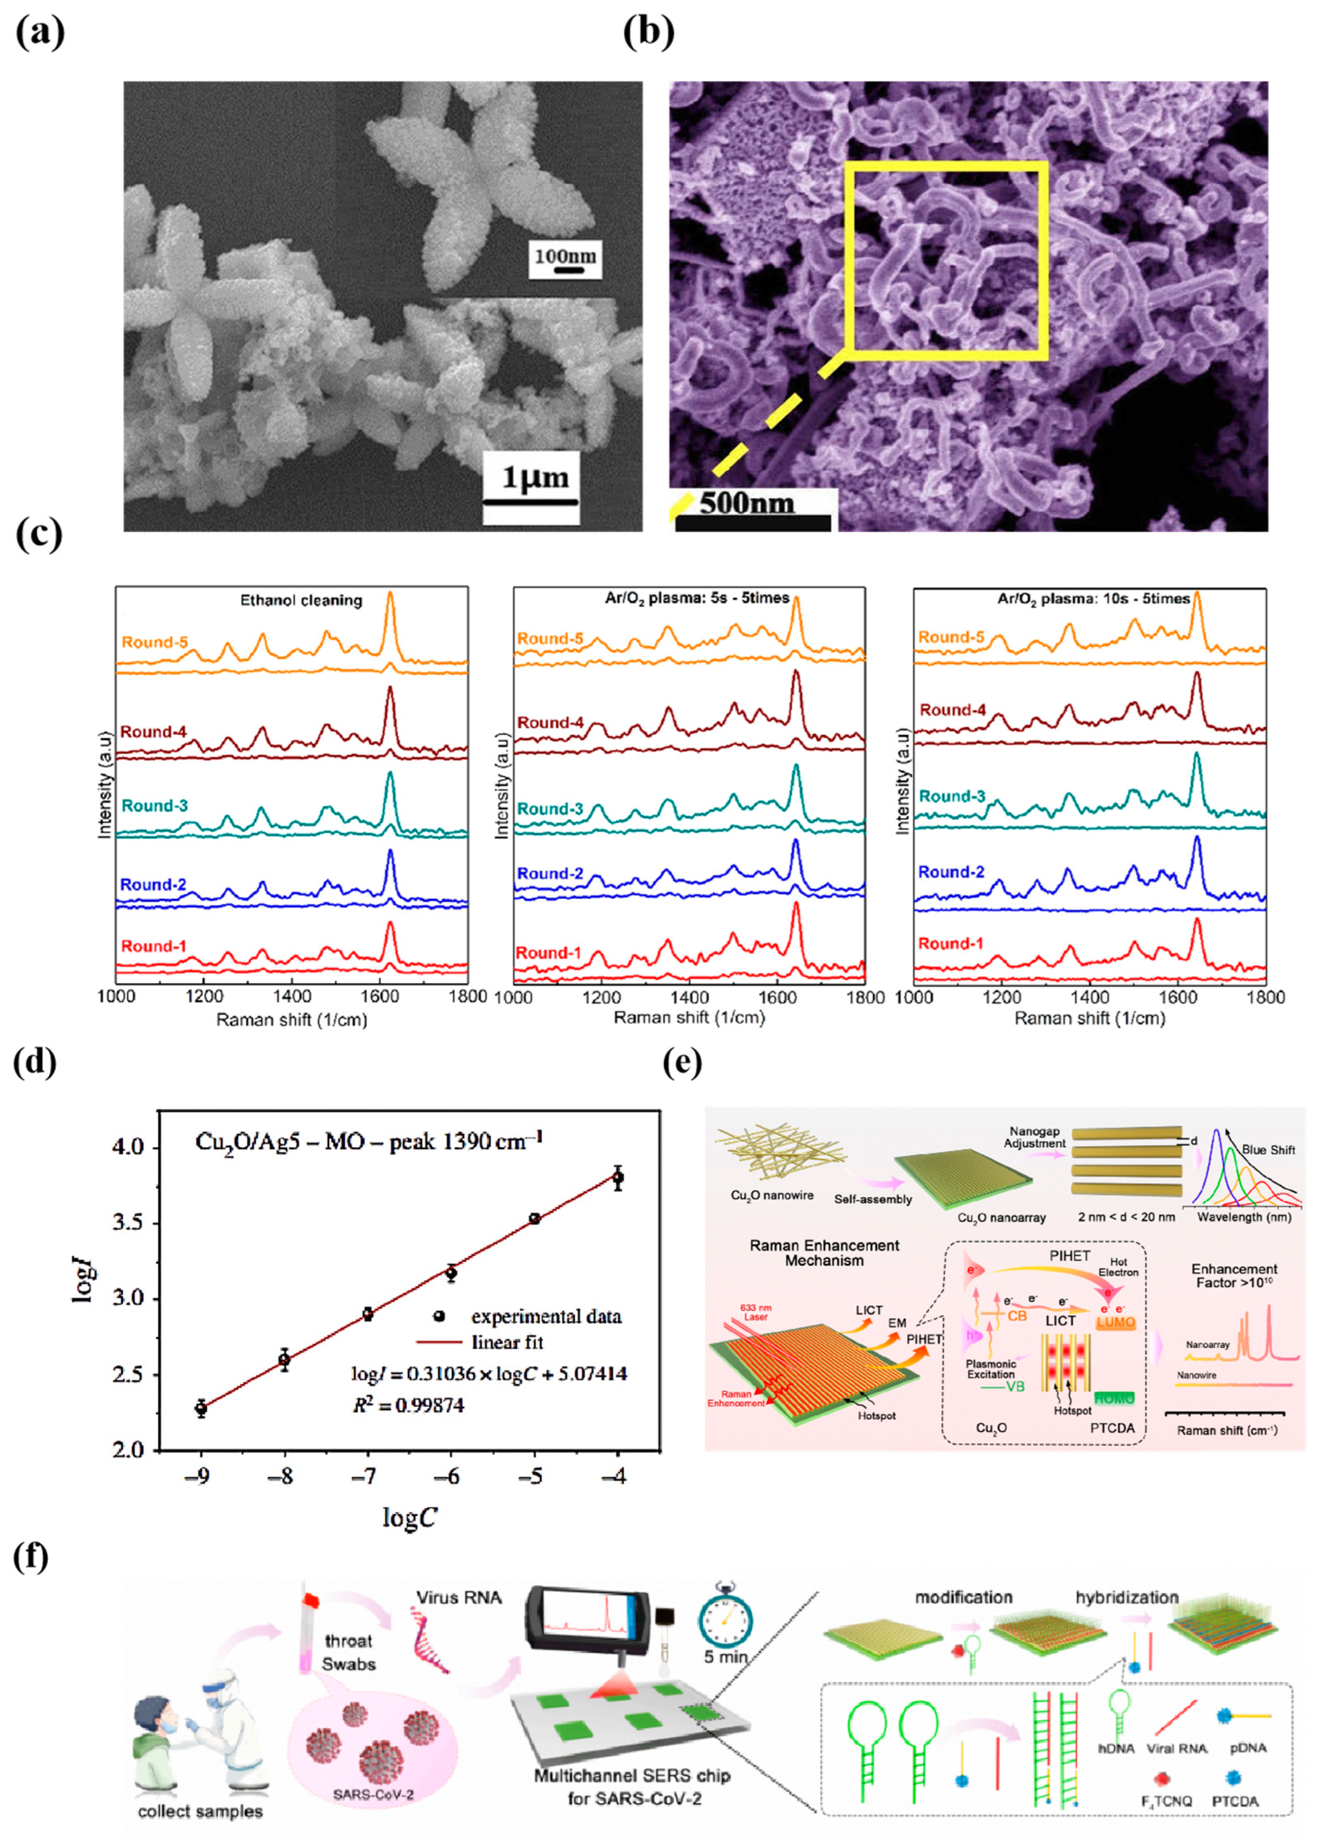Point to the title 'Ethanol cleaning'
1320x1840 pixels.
tap(301, 600)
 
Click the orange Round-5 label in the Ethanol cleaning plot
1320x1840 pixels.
tap(154, 643)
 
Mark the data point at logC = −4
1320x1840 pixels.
tap(618, 1178)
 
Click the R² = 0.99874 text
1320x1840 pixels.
tap(408, 1405)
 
